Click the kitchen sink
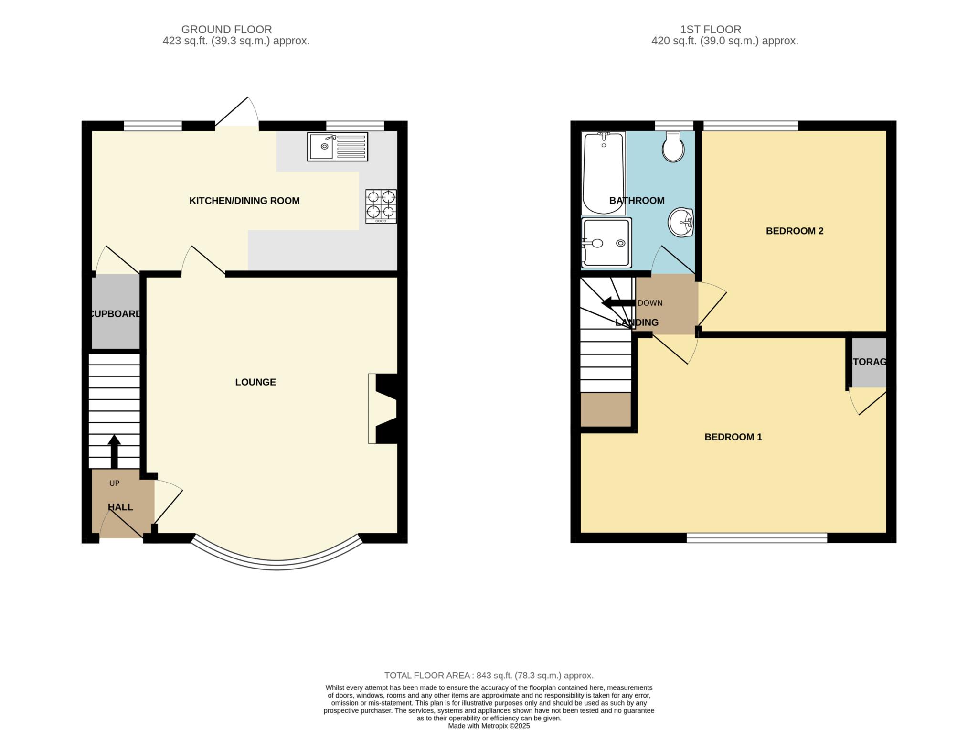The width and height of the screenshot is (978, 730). click(x=338, y=147)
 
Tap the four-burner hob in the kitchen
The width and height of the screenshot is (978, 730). click(x=381, y=206)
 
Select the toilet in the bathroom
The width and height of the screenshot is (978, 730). click(x=673, y=147)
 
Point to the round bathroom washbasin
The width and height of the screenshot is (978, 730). click(x=681, y=222)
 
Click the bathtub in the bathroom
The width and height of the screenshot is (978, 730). click(x=604, y=173)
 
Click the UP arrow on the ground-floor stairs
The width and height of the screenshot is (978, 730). click(x=114, y=451)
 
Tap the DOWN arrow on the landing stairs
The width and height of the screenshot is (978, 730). click(x=618, y=303)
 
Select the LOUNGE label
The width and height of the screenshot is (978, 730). click(x=255, y=382)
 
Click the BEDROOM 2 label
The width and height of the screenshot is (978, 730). click(x=795, y=231)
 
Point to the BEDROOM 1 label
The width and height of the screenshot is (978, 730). click(x=733, y=437)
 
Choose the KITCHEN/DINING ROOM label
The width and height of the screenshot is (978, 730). click(x=244, y=201)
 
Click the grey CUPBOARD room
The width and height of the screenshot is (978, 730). click(x=116, y=311)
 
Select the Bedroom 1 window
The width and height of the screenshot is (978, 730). click(x=757, y=538)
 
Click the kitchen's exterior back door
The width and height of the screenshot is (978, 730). click(x=237, y=112)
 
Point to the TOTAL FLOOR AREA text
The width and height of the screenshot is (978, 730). click(x=489, y=676)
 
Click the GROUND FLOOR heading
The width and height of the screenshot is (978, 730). click(x=226, y=30)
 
